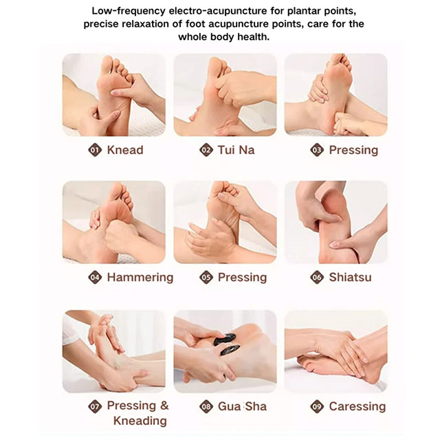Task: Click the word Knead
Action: (125, 150)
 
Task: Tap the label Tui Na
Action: (236, 150)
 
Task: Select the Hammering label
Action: (140, 277)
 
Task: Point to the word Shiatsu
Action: (350, 277)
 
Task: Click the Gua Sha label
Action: (242, 406)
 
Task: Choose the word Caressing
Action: (357, 406)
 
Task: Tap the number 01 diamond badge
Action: (95, 150)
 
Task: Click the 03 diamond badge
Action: (317, 150)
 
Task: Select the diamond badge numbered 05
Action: (206, 278)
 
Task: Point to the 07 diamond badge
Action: (95, 406)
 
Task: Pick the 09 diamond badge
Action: (317, 406)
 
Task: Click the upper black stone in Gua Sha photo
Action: (225, 339)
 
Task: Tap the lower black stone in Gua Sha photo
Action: (230, 350)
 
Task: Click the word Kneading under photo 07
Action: (140, 421)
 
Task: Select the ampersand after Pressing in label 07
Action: (164, 406)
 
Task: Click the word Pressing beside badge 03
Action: (353, 150)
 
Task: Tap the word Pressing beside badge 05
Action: (243, 278)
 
